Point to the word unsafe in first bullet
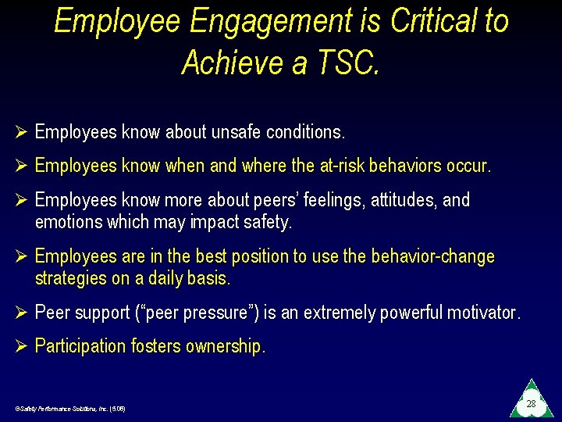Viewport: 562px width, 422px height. click(236, 133)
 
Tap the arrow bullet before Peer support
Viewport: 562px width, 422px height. click(21, 313)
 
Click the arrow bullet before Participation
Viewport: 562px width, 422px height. click(21, 346)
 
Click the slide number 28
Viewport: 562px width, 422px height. click(531, 403)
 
